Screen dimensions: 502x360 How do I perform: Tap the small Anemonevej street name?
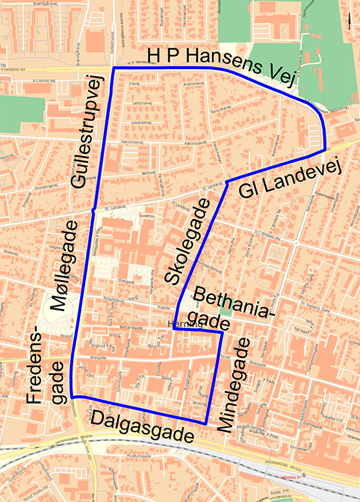(192, 83)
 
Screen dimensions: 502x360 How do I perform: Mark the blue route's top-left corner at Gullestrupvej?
(113, 67)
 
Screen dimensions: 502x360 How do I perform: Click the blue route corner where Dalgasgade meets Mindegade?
(206, 423)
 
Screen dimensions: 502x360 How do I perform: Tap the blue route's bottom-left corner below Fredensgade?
(72, 397)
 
